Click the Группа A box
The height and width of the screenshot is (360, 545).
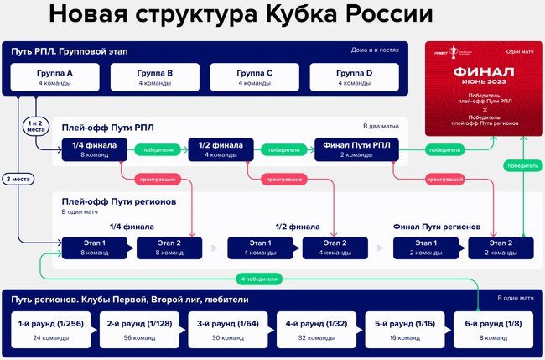point(55,78)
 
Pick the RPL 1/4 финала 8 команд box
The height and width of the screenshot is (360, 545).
point(95,149)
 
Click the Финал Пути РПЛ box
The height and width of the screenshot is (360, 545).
point(356,149)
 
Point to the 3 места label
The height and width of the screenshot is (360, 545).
point(18,179)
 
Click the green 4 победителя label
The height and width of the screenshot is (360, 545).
point(257,278)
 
